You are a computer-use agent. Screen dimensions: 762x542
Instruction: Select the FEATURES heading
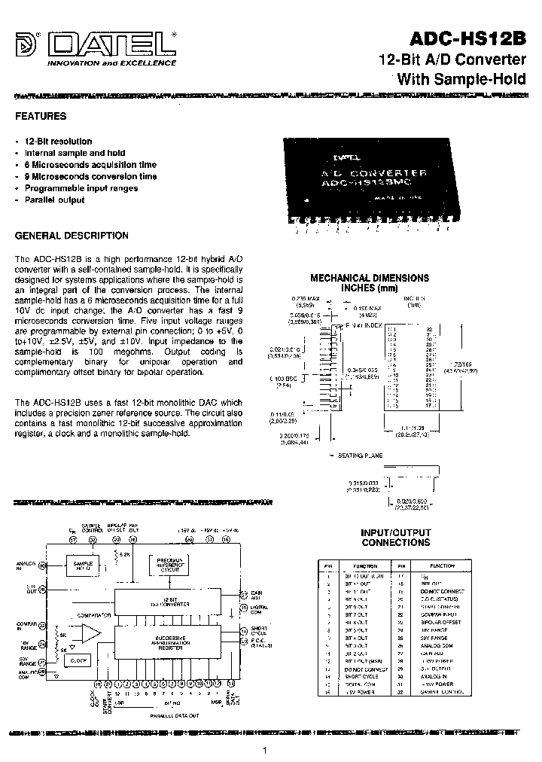tap(41, 117)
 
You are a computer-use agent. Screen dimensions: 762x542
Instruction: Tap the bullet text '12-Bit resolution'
tap(58, 142)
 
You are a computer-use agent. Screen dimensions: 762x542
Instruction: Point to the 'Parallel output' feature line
tap(54, 200)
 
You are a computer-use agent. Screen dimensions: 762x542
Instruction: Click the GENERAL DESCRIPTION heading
tap(72, 236)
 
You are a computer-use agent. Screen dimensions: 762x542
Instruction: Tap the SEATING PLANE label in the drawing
tap(361, 456)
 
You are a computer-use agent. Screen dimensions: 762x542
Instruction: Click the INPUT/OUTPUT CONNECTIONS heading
tap(396, 538)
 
